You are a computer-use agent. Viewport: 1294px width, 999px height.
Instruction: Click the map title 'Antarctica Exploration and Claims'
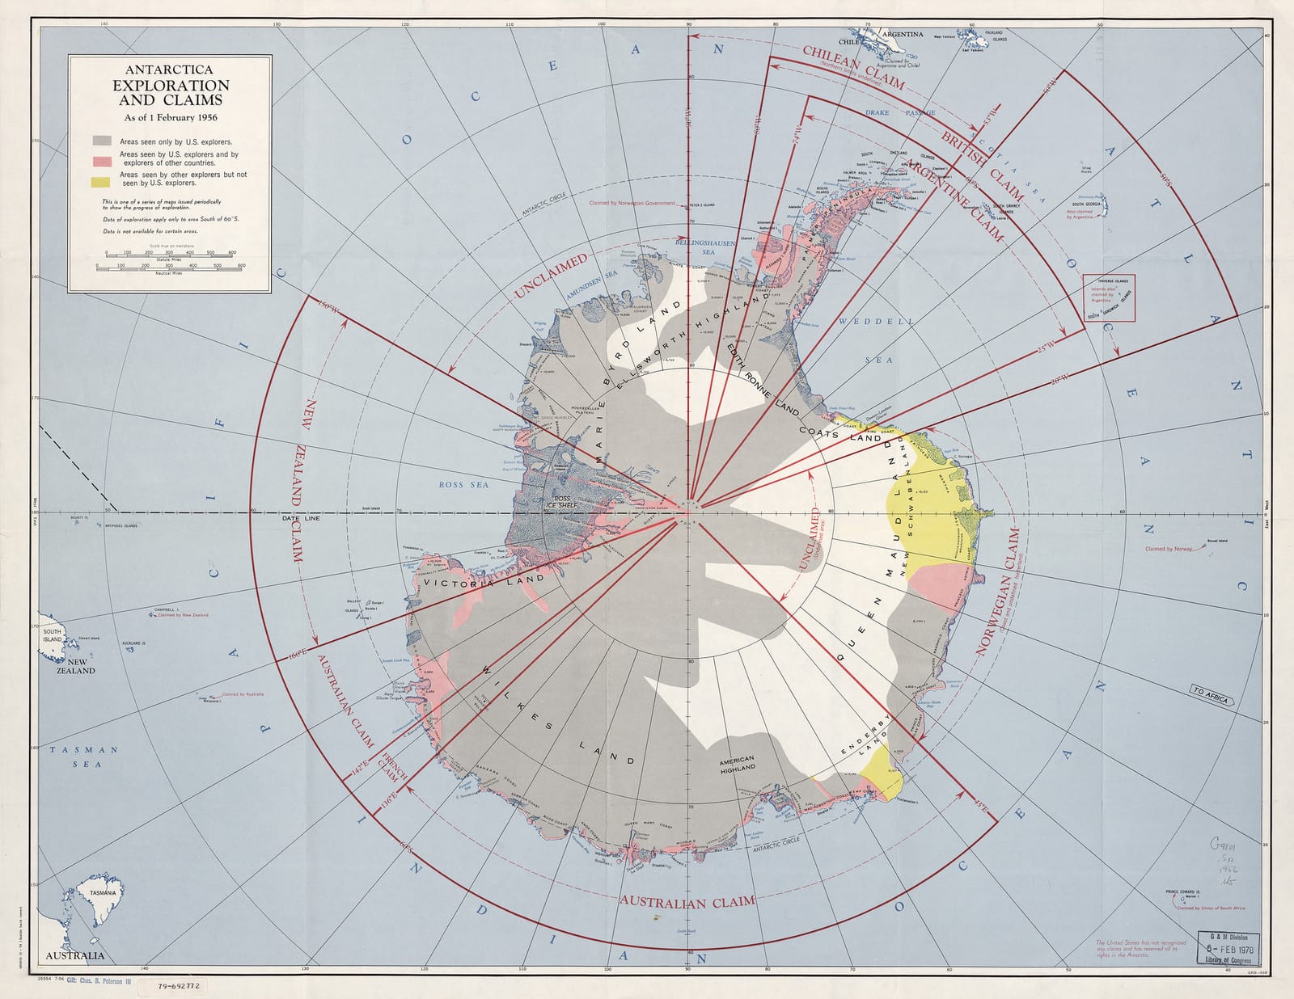170,86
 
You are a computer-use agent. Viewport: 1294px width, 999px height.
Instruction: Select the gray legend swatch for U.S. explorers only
101,141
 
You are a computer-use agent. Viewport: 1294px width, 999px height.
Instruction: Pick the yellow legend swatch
101,182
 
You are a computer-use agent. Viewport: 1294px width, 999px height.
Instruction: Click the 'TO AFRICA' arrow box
1210,694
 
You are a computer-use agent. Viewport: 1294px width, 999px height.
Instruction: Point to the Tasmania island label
103,893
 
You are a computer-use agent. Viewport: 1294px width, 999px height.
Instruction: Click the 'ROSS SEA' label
463,485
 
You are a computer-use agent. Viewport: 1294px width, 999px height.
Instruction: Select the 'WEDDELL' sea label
876,322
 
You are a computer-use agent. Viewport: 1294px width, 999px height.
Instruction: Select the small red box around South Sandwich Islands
1109,298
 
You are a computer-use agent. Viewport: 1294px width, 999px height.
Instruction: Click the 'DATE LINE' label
301,518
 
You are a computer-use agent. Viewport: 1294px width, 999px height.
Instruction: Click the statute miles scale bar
169,256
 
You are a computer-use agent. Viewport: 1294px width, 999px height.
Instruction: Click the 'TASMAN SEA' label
84,757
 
